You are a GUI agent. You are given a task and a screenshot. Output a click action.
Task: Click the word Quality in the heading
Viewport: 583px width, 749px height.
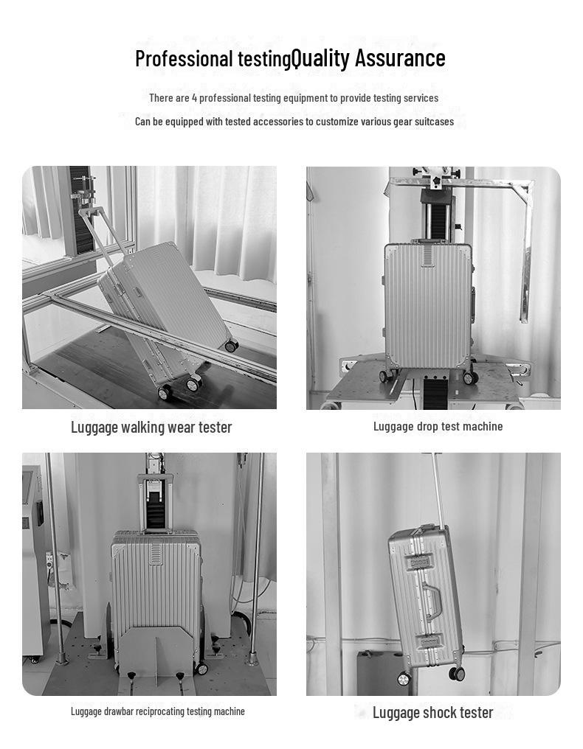320,58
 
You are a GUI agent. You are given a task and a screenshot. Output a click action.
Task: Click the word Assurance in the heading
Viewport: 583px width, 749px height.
400,58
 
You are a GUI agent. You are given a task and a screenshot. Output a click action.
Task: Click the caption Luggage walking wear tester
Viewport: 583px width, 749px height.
151,427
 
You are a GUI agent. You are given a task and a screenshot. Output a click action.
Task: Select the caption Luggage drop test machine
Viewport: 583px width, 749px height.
438,426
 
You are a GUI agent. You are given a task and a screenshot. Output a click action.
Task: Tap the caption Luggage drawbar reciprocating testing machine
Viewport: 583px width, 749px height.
157,711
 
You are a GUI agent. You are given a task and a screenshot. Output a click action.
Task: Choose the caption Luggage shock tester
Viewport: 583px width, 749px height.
432,712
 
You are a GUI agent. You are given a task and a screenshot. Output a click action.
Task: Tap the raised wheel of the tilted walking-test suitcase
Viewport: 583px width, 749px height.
231,345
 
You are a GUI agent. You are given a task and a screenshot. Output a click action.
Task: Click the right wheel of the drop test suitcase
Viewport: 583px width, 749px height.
469,377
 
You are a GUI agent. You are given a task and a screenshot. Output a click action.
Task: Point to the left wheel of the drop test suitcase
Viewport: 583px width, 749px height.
386,376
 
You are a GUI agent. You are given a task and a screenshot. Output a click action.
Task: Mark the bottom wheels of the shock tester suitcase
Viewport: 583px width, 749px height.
430,675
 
